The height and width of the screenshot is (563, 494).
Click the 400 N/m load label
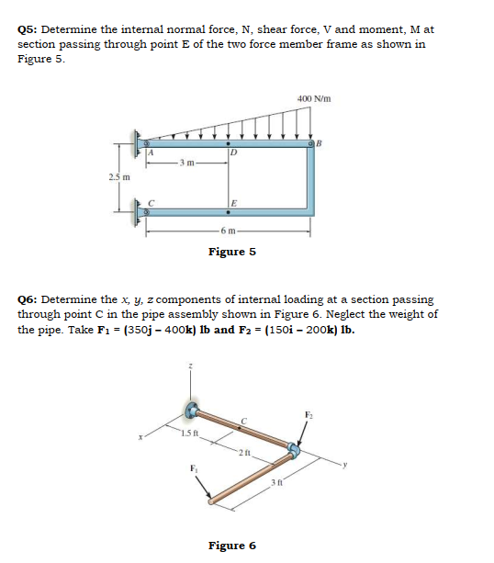314,98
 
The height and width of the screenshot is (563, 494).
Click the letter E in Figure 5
235,203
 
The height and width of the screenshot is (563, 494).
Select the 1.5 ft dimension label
188,433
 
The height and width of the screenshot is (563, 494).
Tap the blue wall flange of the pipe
194,411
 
